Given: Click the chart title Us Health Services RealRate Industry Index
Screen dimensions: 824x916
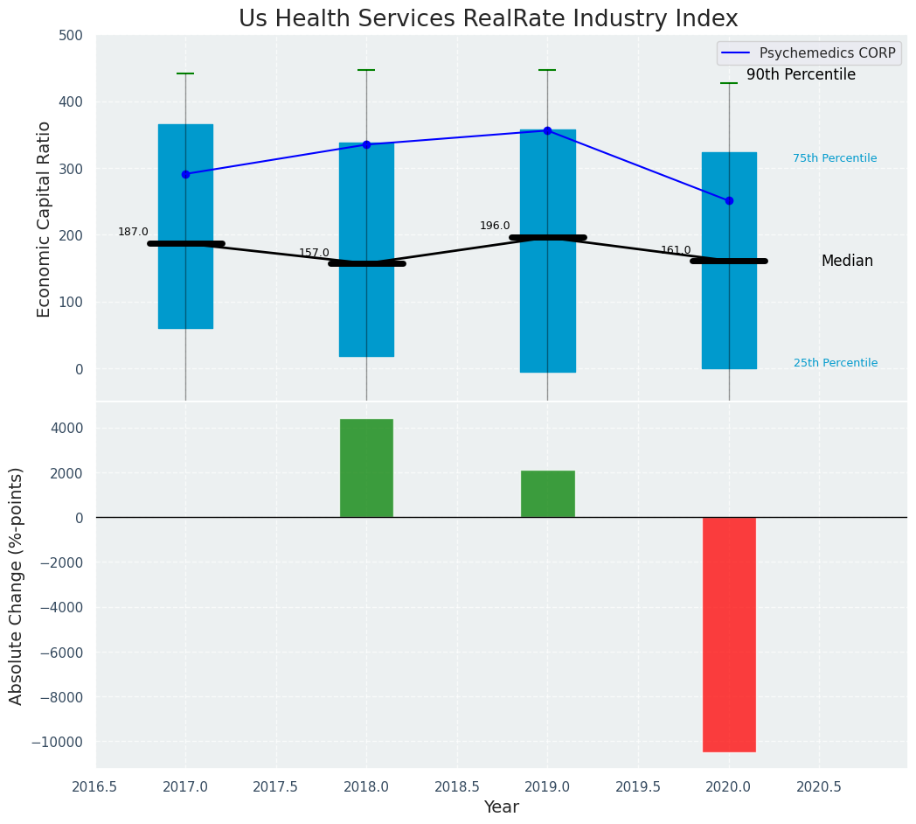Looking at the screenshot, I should click(489, 19).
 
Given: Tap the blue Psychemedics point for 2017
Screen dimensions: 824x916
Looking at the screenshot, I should click(185, 174).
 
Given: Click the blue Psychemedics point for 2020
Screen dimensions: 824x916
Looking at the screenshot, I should click(729, 200).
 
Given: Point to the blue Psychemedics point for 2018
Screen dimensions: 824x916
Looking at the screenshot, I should click(366, 144).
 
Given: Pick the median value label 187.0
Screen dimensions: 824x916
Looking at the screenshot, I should click(133, 232).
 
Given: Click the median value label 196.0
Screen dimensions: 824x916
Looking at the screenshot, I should click(495, 226).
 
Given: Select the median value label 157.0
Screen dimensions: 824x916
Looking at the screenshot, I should click(314, 253).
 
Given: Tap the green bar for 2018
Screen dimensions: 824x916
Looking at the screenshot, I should click(366, 468).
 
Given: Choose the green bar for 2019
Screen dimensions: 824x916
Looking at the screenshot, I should click(548, 493).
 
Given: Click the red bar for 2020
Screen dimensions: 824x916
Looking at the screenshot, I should click(729, 634).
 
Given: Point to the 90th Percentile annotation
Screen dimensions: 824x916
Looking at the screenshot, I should click(801, 75).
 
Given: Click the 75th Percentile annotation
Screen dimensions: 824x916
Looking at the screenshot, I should click(835, 158).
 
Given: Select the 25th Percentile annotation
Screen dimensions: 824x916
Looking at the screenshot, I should click(836, 363).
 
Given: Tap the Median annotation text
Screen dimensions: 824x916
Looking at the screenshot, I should click(847, 262).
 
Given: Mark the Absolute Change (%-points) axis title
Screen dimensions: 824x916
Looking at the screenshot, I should click(17, 585).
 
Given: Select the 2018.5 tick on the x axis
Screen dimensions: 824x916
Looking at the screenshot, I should click(457, 786).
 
